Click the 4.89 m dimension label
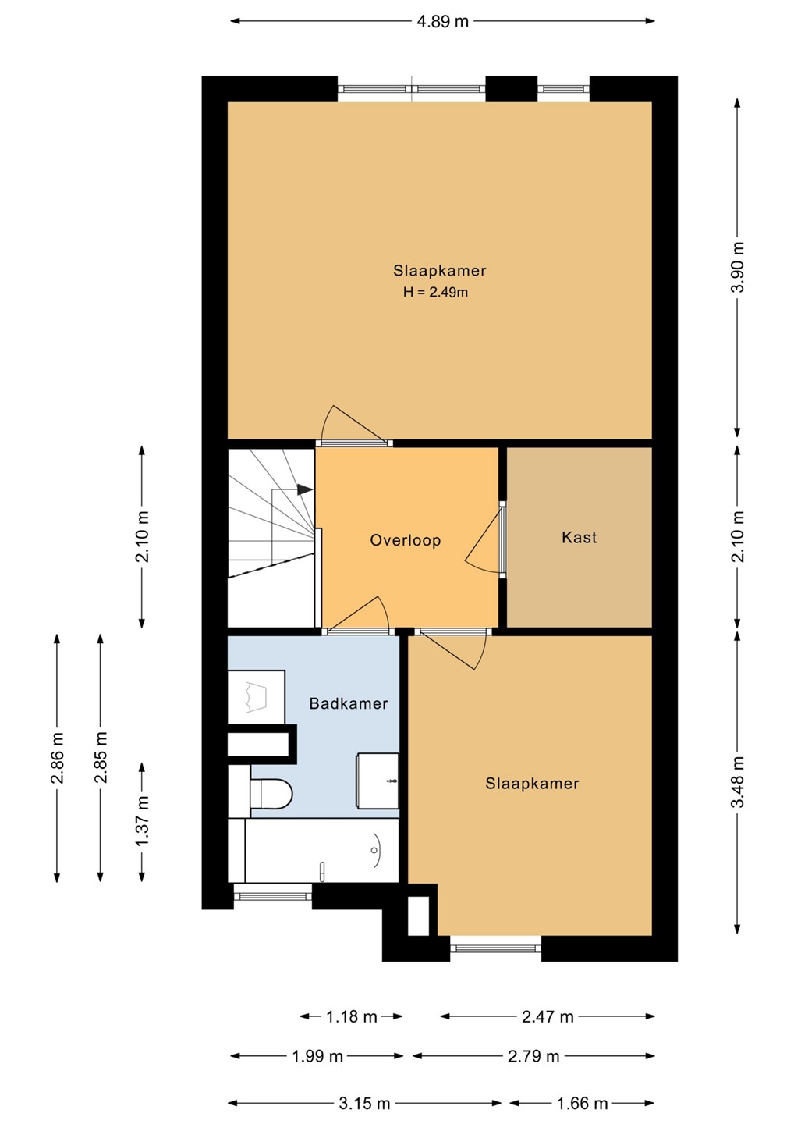[442, 21]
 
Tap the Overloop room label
[406, 540]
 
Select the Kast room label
[579, 537]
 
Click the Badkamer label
[349, 703]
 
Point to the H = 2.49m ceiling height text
[435, 292]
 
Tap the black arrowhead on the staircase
[305, 489]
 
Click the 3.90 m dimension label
[738, 267]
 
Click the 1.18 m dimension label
[352, 1016]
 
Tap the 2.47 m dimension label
[548, 1016]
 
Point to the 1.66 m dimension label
[582, 1104]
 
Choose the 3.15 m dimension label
[364, 1104]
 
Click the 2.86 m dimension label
[57, 758]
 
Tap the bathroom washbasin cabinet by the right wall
[378, 781]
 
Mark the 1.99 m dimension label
[317, 1056]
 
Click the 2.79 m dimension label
[533, 1056]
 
